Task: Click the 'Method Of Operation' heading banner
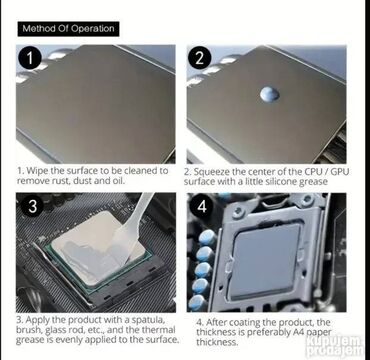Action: (x=68, y=29)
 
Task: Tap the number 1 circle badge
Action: (x=30, y=59)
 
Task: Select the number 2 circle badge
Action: (x=199, y=58)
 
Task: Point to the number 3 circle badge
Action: (x=32, y=206)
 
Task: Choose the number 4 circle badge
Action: (x=202, y=206)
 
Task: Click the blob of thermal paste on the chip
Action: (x=269, y=94)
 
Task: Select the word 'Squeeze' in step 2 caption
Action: (x=210, y=172)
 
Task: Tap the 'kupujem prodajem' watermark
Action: (x=334, y=346)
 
